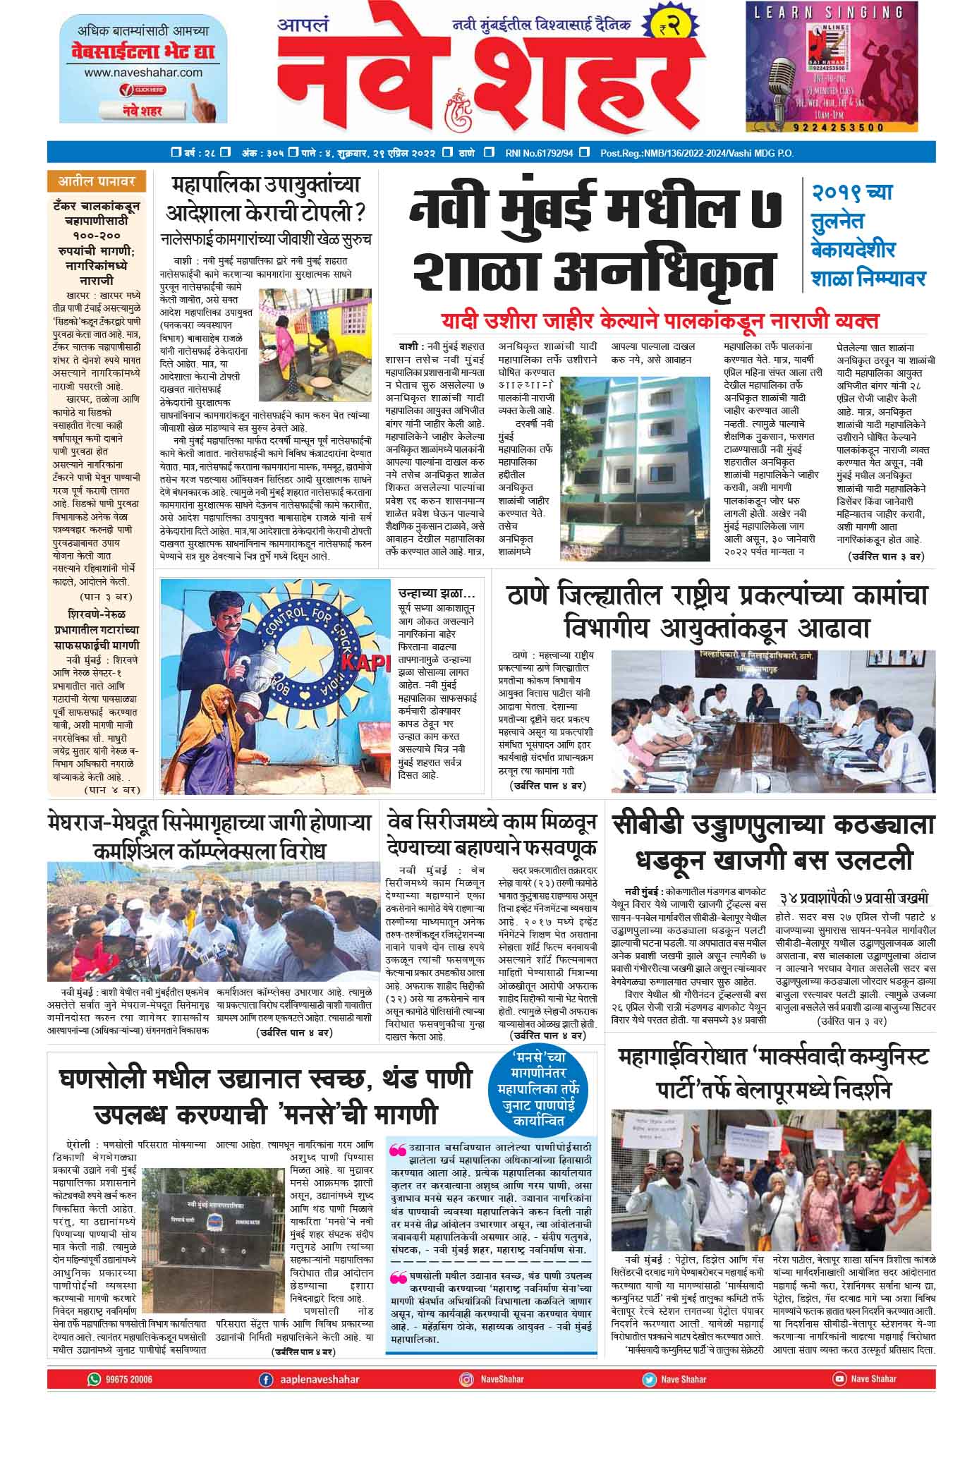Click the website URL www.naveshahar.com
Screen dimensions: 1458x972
tap(143, 72)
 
